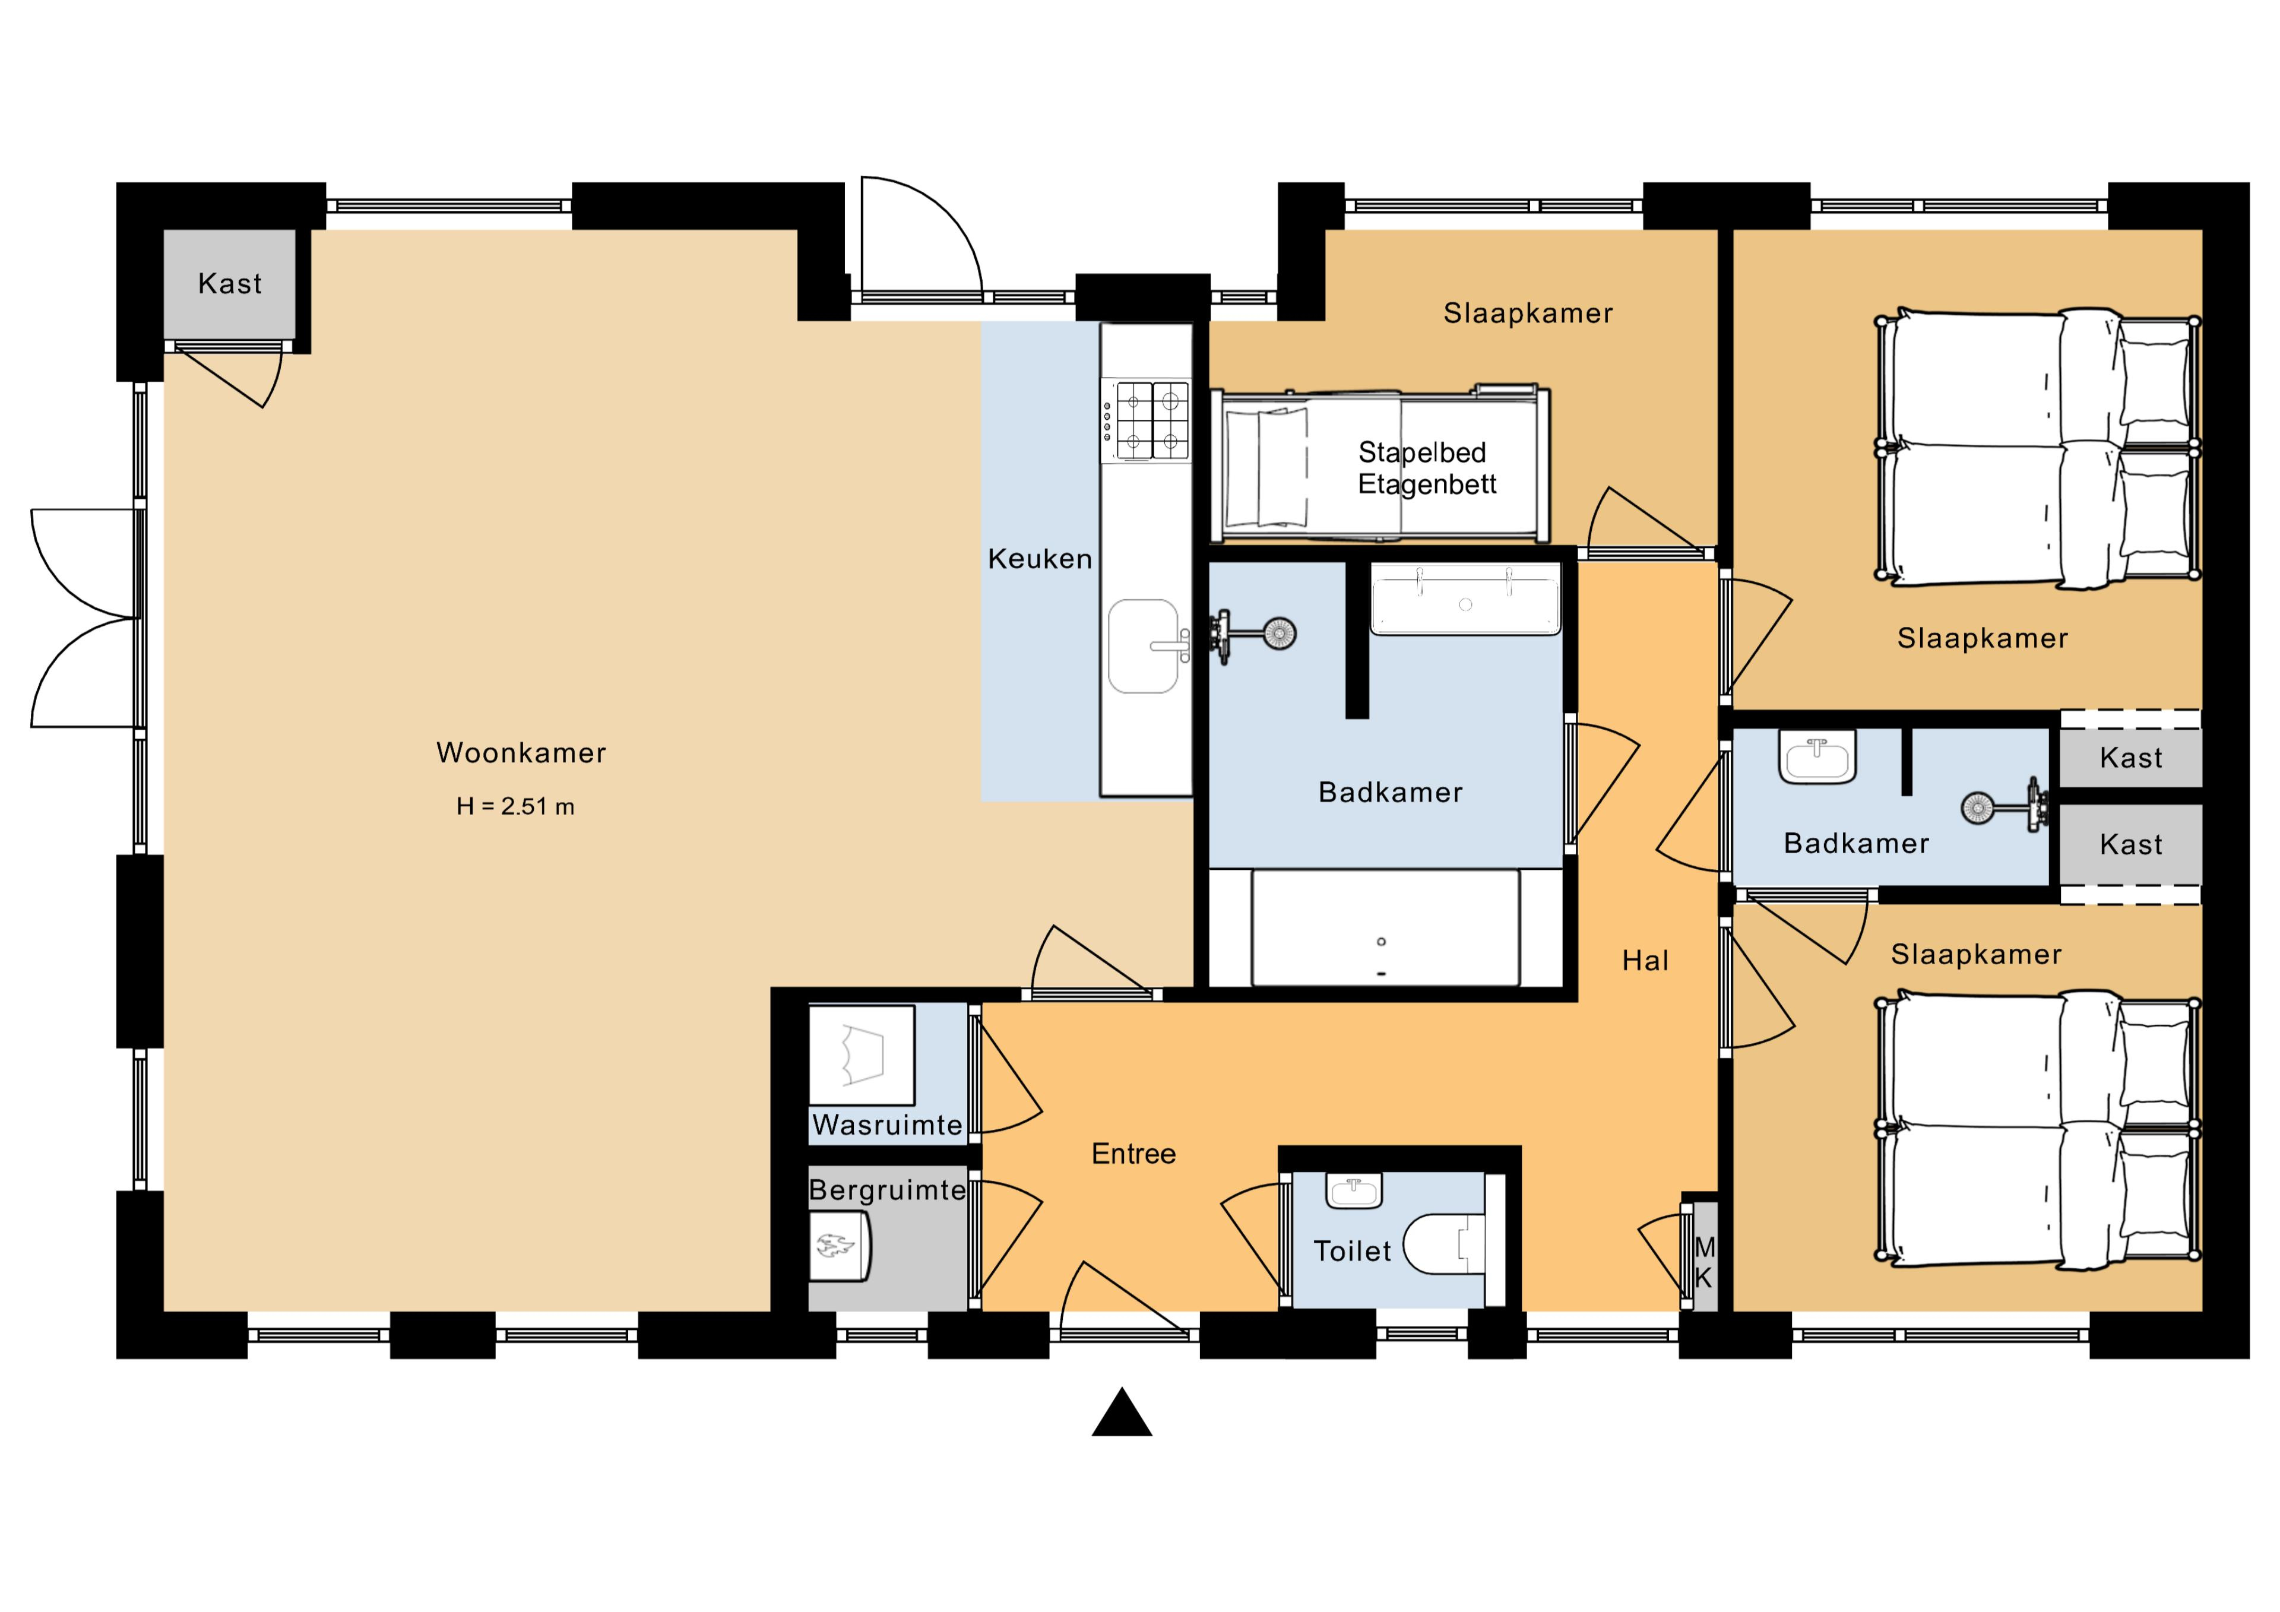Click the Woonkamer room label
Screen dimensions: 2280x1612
click(x=521, y=753)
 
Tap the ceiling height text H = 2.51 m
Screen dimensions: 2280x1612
click(x=515, y=806)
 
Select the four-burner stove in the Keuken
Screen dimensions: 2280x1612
click(x=1146, y=420)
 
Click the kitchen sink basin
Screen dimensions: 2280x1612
click(x=1144, y=645)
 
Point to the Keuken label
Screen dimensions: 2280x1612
click(x=1040, y=559)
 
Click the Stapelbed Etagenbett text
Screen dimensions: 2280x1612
click(x=1427, y=468)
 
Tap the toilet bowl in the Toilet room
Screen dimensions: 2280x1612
click(x=1445, y=1243)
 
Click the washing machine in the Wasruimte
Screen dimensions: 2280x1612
click(x=861, y=1055)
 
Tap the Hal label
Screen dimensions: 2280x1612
click(x=1645, y=961)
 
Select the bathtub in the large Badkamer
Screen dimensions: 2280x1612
click(x=1385, y=927)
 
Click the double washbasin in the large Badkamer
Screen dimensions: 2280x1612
click(x=1466, y=599)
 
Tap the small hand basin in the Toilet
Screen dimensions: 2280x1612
click(x=1354, y=1191)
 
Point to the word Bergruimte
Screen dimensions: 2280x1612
click(x=887, y=1190)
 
